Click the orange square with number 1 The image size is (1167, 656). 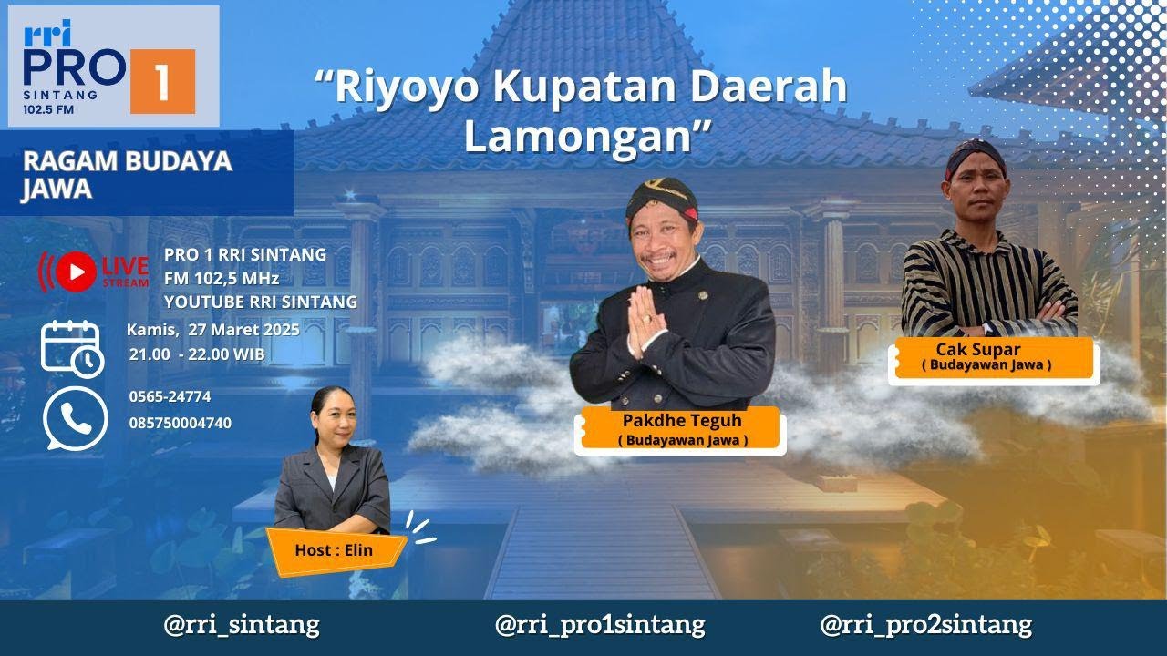pyautogui.click(x=162, y=81)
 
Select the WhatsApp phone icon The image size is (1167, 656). pyautogui.click(x=75, y=418)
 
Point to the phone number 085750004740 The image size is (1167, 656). pyautogui.click(x=180, y=423)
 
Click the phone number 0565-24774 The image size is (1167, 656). pyautogui.click(x=170, y=396)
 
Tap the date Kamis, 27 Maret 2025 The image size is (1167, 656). pyautogui.click(x=213, y=330)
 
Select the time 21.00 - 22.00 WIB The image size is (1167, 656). pyautogui.click(x=197, y=354)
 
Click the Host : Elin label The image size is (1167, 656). pyautogui.click(x=334, y=550)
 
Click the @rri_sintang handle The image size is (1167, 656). pyautogui.click(x=241, y=625)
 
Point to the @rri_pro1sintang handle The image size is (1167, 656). pyautogui.click(x=599, y=625)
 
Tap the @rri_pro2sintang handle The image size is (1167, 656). pyautogui.click(x=925, y=625)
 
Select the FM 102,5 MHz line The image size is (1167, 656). pyautogui.click(x=222, y=278)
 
